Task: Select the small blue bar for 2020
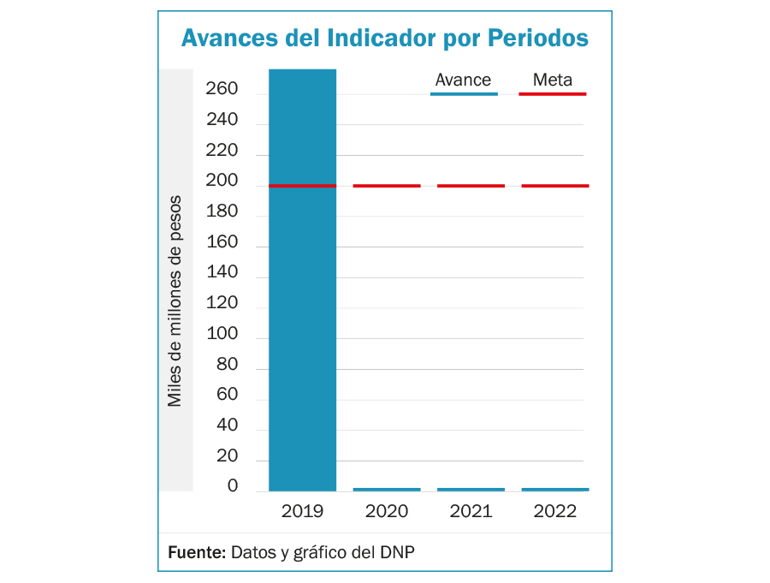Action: coord(387,490)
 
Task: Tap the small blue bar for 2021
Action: coord(471,490)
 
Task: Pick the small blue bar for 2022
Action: coord(555,490)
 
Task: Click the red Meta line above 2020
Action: coord(387,186)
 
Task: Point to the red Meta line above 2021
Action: coord(471,186)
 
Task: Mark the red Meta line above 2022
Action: coord(555,186)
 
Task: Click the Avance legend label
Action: coord(463,80)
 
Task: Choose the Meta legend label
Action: coord(552,80)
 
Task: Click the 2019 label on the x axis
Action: coord(302,512)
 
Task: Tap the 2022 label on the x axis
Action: coord(555,512)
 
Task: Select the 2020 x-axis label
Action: coord(387,512)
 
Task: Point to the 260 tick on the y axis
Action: coord(222,90)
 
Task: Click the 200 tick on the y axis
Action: coord(222,181)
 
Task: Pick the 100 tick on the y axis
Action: coord(222,334)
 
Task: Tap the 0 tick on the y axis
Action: coord(232,486)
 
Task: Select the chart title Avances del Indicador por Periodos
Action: coord(384,39)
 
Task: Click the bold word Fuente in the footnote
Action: coord(196,551)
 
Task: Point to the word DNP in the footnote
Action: coord(399,551)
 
